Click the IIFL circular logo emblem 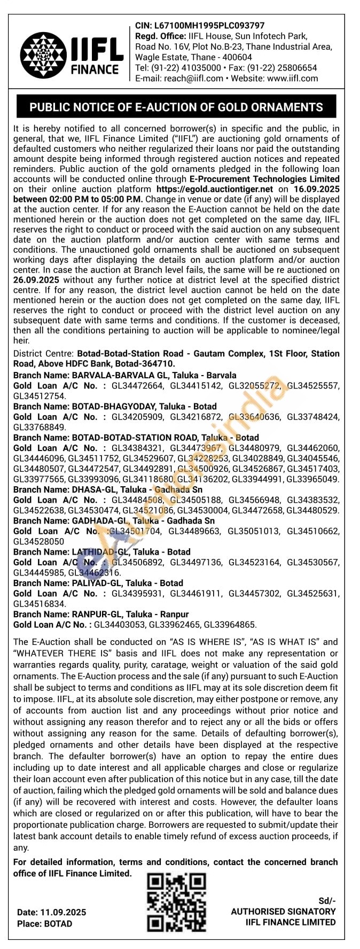[x=44, y=55]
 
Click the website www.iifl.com [x=292, y=78]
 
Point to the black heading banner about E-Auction [x=176, y=107]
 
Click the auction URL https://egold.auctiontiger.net [x=215, y=189]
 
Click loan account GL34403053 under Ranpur [x=119, y=625]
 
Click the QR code [x=176, y=903]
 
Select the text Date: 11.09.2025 [x=51, y=912]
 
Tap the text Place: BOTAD [x=44, y=923]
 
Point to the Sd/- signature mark [x=327, y=900]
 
